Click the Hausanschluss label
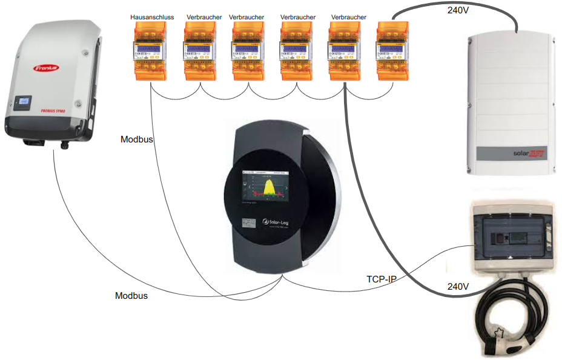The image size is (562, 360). [x=152, y=18]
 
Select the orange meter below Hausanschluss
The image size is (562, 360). [x=150, y=52]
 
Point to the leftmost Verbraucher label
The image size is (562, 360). [x=199, y=18]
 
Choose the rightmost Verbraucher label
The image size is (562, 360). [x=349, y=18]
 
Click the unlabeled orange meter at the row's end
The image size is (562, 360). [x=392, y=52]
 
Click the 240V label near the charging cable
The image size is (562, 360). [x=458, y=286]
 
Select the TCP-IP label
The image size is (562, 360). [x=382, y=280]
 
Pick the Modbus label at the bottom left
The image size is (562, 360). [x=131, y=296]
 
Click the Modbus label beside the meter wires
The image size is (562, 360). [x=137, y=139]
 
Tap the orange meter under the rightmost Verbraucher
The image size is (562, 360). [x=345, y=52]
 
